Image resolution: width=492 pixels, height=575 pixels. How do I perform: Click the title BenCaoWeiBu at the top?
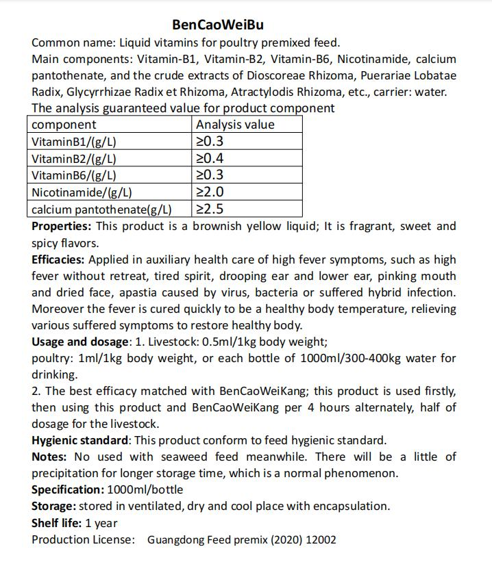click(x=217, y=25)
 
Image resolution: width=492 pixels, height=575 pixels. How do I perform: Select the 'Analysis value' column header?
click(x=234, y=125)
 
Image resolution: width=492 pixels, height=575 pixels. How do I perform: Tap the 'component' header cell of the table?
click(x=64, y=125)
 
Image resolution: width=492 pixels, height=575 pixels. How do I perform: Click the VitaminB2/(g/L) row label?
click(x=74, y=159)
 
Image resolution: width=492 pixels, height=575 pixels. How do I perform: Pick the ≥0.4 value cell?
click(x=210, y=159)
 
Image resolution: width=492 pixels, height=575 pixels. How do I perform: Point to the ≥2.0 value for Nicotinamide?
click(x=210, y=192)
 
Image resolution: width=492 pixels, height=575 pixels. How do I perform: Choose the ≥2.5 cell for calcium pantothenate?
click(x=210, y=209)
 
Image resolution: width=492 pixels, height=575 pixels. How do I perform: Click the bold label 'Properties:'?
click(x=61, y=226)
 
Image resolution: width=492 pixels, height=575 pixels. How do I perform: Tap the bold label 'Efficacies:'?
click(x=58, y=259)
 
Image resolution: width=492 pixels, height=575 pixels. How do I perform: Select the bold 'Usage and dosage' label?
click(x=79, y=341)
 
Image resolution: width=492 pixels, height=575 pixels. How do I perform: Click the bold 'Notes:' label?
click(x=49, y=457)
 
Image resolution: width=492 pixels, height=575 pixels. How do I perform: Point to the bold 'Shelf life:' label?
click(x=57, y=523)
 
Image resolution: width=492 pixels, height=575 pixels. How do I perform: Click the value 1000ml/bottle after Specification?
click(x=145, y=489)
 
